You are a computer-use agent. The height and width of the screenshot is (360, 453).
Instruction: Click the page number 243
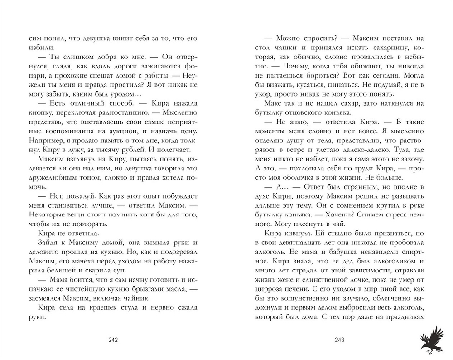340,341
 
